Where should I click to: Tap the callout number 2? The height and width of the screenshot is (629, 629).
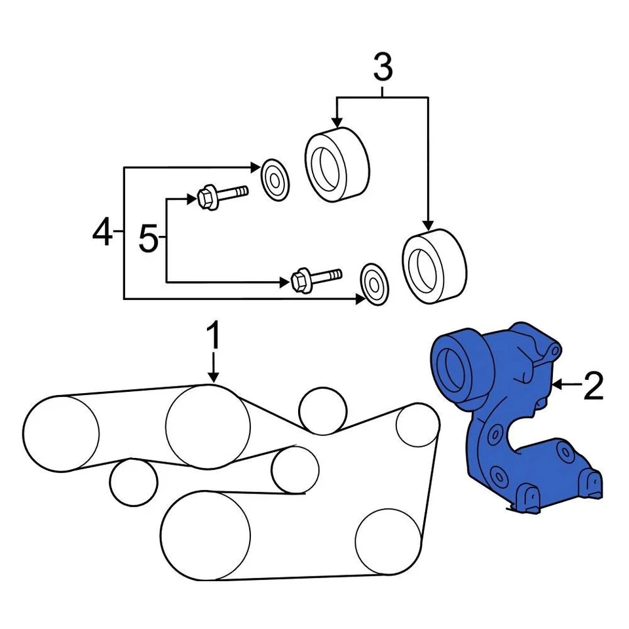click(593, 387)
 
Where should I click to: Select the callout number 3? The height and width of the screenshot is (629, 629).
click(383, 67)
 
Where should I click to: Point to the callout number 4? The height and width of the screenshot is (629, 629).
click(102, 233)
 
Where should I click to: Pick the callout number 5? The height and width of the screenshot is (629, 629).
click(149, 240)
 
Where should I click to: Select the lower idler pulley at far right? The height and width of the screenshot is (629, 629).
click(434, 267)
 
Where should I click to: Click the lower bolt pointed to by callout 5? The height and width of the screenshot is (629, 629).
click(313, 278)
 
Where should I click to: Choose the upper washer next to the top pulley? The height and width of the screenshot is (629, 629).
click(275, 178)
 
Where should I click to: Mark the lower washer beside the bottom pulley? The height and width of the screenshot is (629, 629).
click(374, 285)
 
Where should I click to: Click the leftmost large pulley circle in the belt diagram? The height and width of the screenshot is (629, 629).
click(60, 433)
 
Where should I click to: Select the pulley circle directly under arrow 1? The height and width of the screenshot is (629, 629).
click(208, 427)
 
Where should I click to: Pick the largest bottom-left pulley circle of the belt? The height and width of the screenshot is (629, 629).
click(205, 535)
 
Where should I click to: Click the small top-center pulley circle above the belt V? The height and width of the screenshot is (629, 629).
click(322, 411)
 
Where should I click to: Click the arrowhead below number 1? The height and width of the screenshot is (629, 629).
click(214, 377)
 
